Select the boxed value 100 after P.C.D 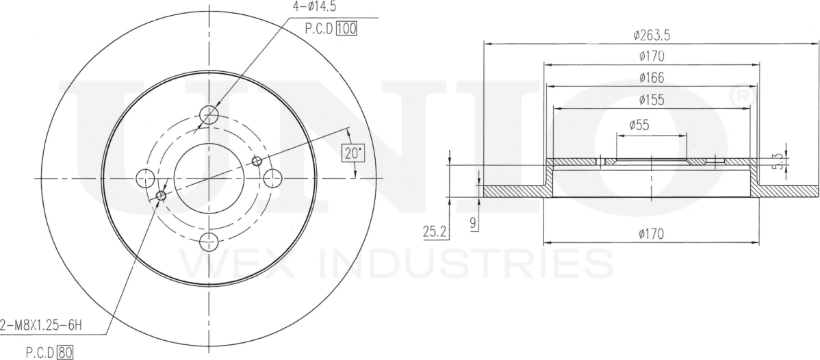[x=347, y=28]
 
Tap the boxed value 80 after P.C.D [x=65, y=353]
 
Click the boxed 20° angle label [x=353, y=153]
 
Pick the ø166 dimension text [x=650, y=77]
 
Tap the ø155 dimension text [x=650, y=100]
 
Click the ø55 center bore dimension [x=639, y=125]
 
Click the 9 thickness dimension [x=473, y=222]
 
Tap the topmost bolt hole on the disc [x=209, y=114]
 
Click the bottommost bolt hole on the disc [x=209, y=242]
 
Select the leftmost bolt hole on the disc [x=145, y=179]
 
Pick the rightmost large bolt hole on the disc [x=272, y=178]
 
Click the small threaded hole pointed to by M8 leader [x=162, y=196]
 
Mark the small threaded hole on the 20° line [x=257, y=161]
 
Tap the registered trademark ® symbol [x=741, y=99]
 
